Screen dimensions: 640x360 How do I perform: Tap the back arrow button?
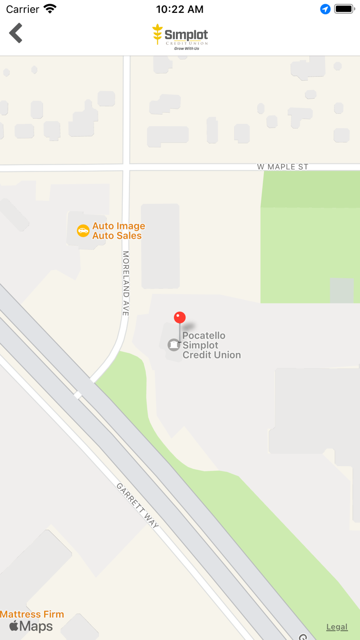pyautogui.click(x=16, y=33)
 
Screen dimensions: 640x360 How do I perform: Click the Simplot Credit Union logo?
pyautogui.click(x=180, y=36)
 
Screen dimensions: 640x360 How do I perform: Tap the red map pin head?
pyautogui.click(x=179, y=317)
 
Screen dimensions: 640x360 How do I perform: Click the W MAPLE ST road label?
pyautogui.click(x=282, y=167)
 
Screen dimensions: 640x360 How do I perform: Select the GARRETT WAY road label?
pyautogui.click(x=137, y=506)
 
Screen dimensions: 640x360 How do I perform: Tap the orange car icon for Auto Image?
pyautogui.click(x=83, y=230)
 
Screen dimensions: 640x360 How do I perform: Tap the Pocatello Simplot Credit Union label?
pyautogui.click(x=211, y=345)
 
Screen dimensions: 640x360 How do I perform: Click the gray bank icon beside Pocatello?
pyautogui.click(x=174, y=345)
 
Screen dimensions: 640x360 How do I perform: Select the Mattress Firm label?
pyautogui.click(x=32, y=614)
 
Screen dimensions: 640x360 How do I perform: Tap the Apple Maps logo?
pyautogui.click(x=31, y=626)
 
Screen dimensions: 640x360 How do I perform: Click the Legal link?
pyautogui.click(x=337, y=627)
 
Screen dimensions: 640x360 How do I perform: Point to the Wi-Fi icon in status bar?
pyautogui.click(x=50, y=9)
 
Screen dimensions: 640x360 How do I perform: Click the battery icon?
pyautogui.click(x=344, y=9)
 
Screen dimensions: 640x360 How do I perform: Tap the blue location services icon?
pyautogui.click(x=325, y=9)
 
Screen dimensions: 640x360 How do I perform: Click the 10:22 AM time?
pyautogui.click(x=179, y=9)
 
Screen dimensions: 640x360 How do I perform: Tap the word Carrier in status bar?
pyautogui.click(x=23, y=9)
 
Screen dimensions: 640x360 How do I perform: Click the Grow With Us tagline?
pyautogui.click(x=187, y=48)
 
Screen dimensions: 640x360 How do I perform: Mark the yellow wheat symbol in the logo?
pyautogui.click(x=157, y=34)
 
